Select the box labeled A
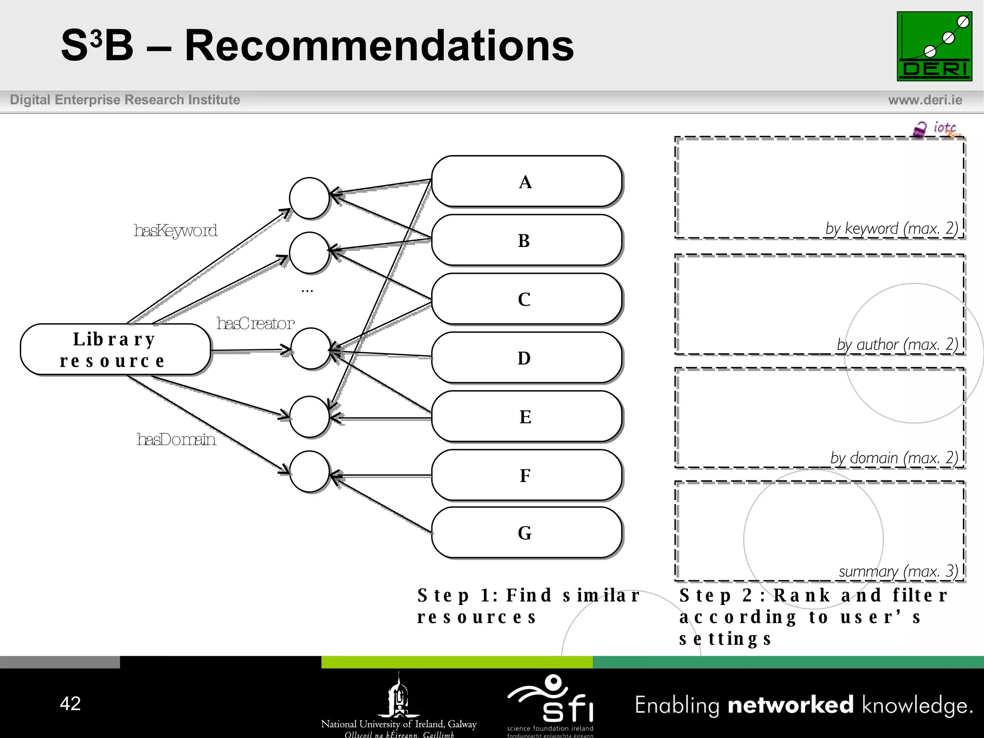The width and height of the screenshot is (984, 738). (x=527, y=182)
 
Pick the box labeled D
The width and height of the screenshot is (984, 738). (x=527, y=357)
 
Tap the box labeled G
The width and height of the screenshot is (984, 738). (x=527, y=532)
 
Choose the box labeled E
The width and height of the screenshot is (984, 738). (x=527, y=416)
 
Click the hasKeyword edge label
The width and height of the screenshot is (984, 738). (x=175, y=231)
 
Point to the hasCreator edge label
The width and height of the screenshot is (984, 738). (x=255, y=323)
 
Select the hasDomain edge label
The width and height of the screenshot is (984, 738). (x=176, y=439)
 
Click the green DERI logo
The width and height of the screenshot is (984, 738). (x=934, y=46)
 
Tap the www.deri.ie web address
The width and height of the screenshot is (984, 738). (x=925, y=100)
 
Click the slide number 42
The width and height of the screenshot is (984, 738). (x=70, y=703)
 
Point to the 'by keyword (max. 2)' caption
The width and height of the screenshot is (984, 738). (x=891, y=228)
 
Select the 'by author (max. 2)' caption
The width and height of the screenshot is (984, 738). (x=897, y=344)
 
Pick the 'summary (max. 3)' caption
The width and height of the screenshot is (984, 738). (x=898, y=571)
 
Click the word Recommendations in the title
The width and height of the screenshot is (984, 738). (x=379, y=46)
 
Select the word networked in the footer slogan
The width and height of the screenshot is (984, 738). (x=790, y=705)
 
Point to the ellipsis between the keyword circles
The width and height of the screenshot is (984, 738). (x=307, y=291)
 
